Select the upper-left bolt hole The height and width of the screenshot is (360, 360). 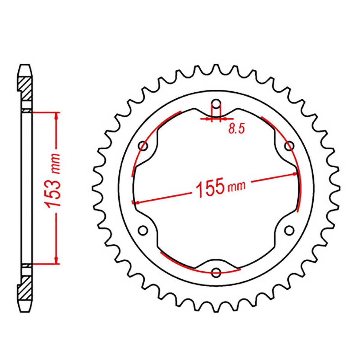pyautogui.click(x=144, y=146)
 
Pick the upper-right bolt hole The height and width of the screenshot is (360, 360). pyautogui.click(x=289, y=146)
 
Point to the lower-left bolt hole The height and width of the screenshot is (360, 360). pyautogui.click(x=143, y=230)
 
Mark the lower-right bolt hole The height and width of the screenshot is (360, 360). pyautogui.click(x=289, y=230)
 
